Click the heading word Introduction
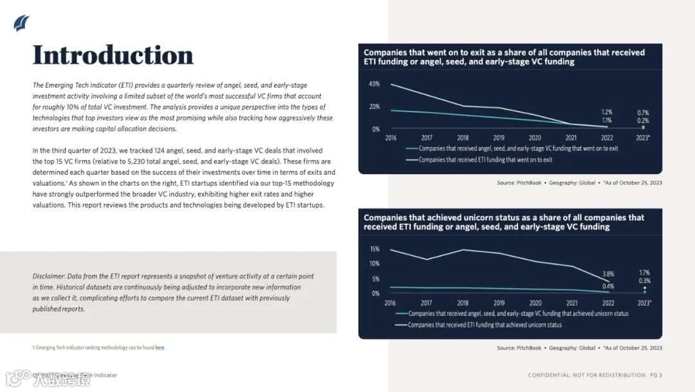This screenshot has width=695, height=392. tap(113, 55)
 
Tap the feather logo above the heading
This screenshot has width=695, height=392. tap(21, 23)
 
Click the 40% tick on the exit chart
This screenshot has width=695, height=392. tap(374, 84)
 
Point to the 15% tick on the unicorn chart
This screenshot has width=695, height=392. tap(375, 250)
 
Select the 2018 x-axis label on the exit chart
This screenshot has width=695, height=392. tap(463, 138)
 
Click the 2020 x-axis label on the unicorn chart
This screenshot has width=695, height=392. tap(535, 303)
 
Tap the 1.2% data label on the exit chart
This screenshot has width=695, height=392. tap(607, 112)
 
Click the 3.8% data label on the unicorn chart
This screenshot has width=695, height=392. tap(608, 273)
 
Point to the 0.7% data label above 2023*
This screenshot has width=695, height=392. tap(643, 112)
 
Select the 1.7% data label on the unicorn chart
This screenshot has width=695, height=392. tap(644, 272)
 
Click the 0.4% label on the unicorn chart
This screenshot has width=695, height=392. tap(608, 286)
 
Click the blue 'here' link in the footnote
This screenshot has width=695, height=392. tap(160, 348)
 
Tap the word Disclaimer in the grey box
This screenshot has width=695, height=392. tap(48, 276)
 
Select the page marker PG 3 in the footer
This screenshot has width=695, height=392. tap(656, 375)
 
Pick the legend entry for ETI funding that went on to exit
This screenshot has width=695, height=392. tap(485, 159)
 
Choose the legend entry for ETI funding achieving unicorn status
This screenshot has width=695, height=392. tap(485, 325)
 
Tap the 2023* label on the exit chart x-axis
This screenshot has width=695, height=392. tap(642, 138)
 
